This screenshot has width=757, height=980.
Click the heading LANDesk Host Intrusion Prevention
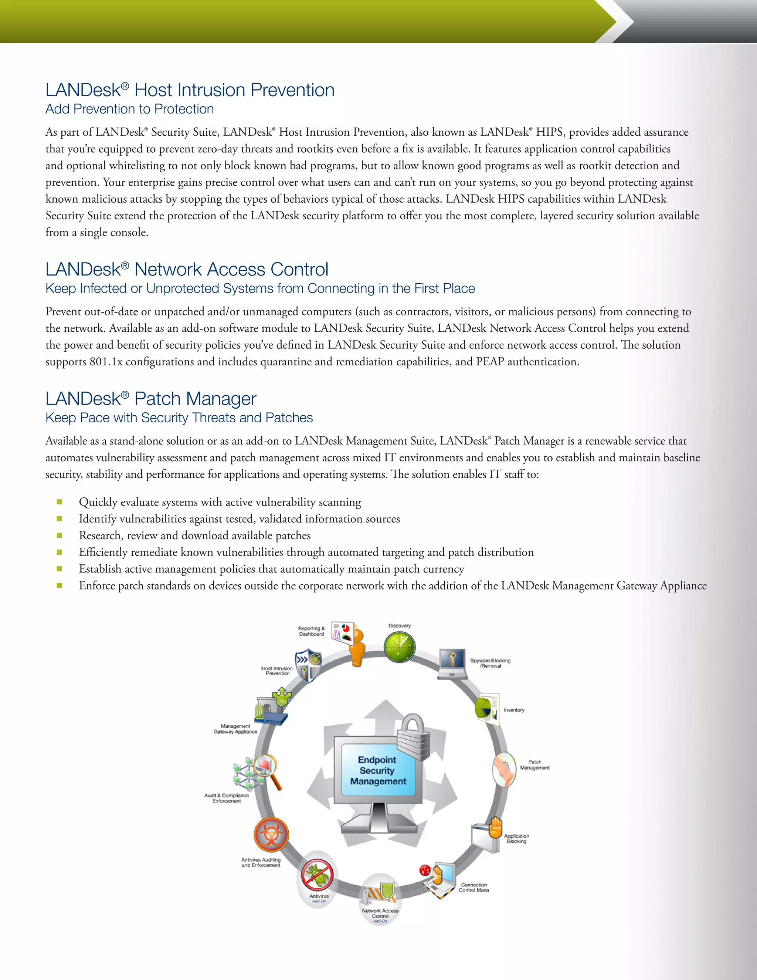click(x=190, y=90)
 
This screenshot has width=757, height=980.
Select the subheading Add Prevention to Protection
click(x=130, y=109)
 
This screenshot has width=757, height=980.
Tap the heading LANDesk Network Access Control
click(x=187, y=270)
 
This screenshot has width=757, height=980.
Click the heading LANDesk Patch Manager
click(x=151, y=399)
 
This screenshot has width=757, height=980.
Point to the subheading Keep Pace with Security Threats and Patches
click(x=179, y=418)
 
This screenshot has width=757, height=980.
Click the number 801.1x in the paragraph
click(x=106, y=362)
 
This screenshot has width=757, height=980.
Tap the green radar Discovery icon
click(x=400, y=646)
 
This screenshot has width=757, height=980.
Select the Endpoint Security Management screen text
click(x=378, y=770)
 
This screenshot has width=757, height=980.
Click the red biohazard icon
click(x=271, y=835)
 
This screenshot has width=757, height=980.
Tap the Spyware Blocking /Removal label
click(x=490, y=663)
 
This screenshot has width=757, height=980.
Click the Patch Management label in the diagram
click(x=534, y=765)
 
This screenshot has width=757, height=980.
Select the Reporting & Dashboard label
click(x=311, y=631)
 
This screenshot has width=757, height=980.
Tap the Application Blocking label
click(x=517, y=839)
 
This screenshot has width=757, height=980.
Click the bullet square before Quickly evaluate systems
click(x=59, y=502)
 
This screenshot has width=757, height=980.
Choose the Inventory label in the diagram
click(x=514, y=710)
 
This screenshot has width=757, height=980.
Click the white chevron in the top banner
click(x=621, y=21)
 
